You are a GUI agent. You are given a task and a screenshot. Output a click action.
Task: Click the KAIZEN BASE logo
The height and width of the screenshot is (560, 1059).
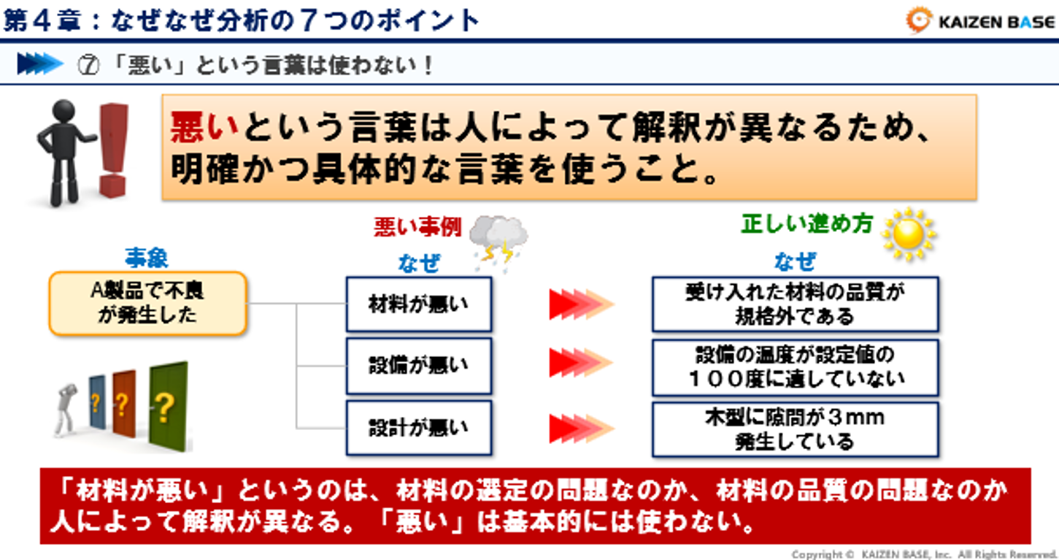coord(980,20)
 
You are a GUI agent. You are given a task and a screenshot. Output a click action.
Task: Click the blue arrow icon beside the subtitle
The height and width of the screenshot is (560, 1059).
coord(39,64)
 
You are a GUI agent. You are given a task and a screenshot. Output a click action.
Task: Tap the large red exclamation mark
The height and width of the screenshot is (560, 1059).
coord(113,150)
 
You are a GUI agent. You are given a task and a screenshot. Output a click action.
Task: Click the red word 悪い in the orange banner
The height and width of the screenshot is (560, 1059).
coord(204,127)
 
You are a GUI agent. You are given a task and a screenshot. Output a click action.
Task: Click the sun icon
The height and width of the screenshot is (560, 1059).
coord(908,234)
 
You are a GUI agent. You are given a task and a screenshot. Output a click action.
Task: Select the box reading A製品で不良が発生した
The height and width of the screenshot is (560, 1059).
coord(148,303)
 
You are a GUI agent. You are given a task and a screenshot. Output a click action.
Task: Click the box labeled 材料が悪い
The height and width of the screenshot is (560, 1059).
coord(418,304)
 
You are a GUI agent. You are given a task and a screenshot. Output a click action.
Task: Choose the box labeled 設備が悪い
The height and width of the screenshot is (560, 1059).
coord(418,366)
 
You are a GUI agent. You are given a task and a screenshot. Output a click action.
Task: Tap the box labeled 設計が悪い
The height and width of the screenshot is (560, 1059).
coord(418,428)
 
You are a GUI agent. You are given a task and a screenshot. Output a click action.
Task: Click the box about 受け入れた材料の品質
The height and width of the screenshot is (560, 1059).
coord(796,304)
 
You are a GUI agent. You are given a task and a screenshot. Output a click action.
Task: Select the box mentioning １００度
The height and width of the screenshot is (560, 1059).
coord(796,367)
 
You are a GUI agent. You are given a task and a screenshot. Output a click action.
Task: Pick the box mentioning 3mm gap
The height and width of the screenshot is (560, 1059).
coord(796,429)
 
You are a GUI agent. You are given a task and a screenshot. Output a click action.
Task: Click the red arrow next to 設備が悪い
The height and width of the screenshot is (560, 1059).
coord(581,363)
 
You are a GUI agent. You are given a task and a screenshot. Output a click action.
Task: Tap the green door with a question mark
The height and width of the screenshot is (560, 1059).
coord(169,406)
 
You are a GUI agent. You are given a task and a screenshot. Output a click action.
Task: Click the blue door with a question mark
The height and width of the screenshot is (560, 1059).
coord(97,402)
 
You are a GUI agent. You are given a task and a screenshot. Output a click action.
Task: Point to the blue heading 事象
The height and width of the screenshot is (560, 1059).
coord(147,258)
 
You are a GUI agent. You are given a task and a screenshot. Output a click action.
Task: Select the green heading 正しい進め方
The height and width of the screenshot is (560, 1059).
coord(807,223)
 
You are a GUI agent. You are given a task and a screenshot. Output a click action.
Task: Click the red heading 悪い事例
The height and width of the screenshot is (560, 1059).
coord(417,227)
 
